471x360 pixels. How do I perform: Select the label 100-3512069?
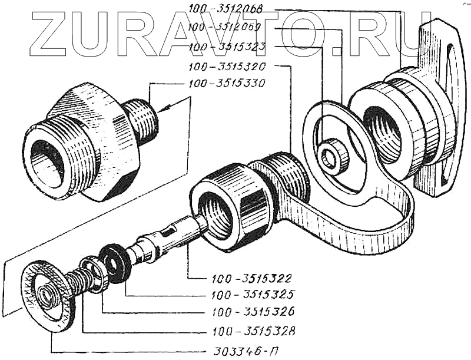pyautogui.click(x=225, y=27)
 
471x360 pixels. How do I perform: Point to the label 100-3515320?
pyautogui.click(x=225, y=66)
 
